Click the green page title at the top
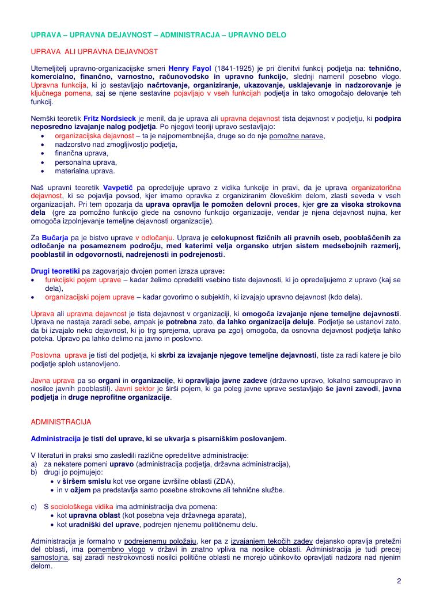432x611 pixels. click(158, 35)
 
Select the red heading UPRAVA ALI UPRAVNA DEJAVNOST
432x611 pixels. click(94, 51)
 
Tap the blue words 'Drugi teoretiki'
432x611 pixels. click(55, 271)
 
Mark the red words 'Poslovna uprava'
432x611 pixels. click(58, 356)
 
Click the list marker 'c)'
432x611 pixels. click(33, 507)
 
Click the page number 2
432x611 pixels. click(399, 580)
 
